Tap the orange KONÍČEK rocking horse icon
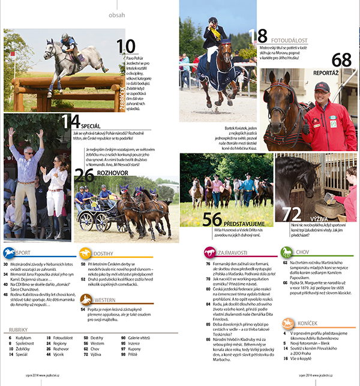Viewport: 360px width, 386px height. click(x=287, y=324)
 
